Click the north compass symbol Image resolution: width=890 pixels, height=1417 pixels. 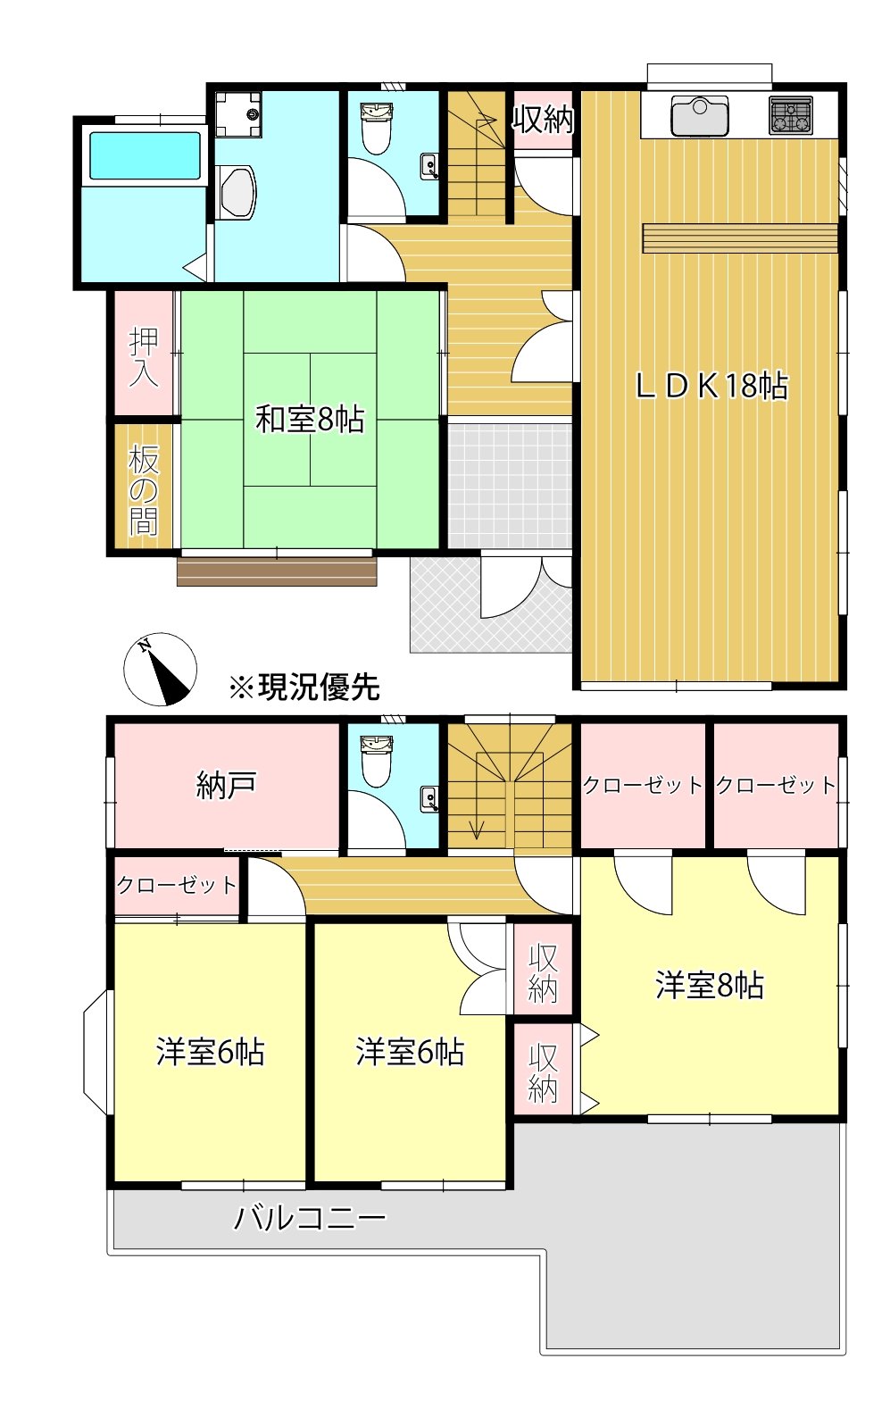(x=160, y=670)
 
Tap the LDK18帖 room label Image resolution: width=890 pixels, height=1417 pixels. (x=711, y=386)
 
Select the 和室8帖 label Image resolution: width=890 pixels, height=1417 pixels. (x=310, y=419)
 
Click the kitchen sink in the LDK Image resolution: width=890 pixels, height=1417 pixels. (x=700, y=115)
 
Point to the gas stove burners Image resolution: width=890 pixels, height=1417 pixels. (x=791, y=116)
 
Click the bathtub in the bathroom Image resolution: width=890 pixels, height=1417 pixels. (x=145, y=156)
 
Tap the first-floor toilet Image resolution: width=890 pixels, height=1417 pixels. (x=377, y=129)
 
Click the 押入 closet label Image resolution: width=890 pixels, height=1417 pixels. (x=144, y=356)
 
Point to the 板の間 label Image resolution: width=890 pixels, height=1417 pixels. (x=144, y=490)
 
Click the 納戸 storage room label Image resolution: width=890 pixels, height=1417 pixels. (x=226, y=786)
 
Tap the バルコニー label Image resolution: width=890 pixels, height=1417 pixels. (x=310, y=1218)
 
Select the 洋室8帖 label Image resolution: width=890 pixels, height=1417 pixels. (x=710, y=986)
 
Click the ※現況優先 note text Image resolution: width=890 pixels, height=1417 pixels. (x=304, y=687)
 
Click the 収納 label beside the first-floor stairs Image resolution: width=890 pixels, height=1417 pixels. (x=542, y=119)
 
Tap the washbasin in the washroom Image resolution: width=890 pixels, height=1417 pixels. (x=237, y=191)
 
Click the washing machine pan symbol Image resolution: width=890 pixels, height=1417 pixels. (x=238, y=113)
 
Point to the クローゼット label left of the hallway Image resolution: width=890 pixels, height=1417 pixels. (x=177, y=885)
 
